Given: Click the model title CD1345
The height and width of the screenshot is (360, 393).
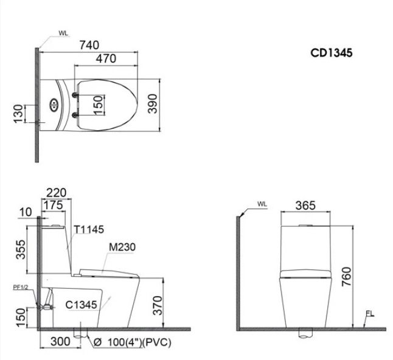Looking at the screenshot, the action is (x=332, y=53).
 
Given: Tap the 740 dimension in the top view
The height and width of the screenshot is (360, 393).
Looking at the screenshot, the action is (x=89, y=45).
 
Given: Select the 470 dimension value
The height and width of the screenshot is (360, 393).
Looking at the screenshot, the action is (x=106, y=58).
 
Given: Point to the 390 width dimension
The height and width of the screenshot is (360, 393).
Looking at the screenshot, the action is (x=152, y=104).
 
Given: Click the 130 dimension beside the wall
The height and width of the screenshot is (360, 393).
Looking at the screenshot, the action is (x=18, y=114).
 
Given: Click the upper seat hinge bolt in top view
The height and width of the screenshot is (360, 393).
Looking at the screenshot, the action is (x=75, y=95).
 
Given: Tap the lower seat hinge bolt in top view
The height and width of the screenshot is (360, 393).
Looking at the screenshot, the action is (x=75, y=115).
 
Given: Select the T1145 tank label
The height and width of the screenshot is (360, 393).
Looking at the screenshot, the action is (x=89, y=229).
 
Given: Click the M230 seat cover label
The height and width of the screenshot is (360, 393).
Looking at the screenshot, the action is (x=122, y=247).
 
